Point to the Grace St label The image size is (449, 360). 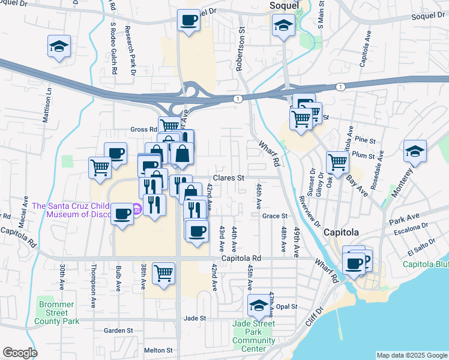point(275,216)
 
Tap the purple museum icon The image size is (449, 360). point(137,209)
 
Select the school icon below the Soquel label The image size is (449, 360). point(282,25)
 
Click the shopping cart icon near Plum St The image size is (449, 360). point(338,161)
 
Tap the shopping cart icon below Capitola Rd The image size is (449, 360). point(163,273)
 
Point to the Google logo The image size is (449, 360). point(20,353)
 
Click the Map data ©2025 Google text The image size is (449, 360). point(412,355)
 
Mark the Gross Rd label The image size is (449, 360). point(143,130)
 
